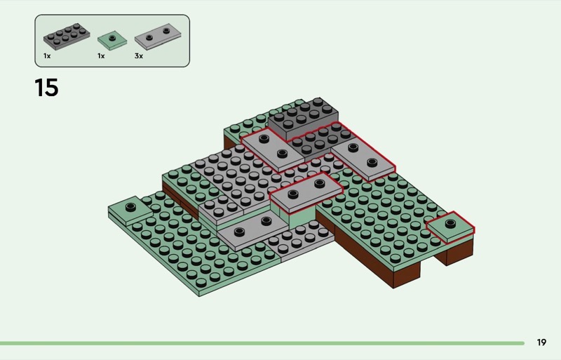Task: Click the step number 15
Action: (46, 88)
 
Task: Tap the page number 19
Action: (541, 342)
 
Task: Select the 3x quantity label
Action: (139, 56)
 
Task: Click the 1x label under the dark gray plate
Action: (47, 56)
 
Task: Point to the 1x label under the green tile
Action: (101, 56)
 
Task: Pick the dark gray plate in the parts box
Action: (67, 36)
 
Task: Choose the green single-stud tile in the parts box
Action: (112, 40)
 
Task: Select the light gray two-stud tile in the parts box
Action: (157, 36)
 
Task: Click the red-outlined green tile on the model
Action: (450, 227)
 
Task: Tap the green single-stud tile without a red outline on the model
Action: (130, 210)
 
